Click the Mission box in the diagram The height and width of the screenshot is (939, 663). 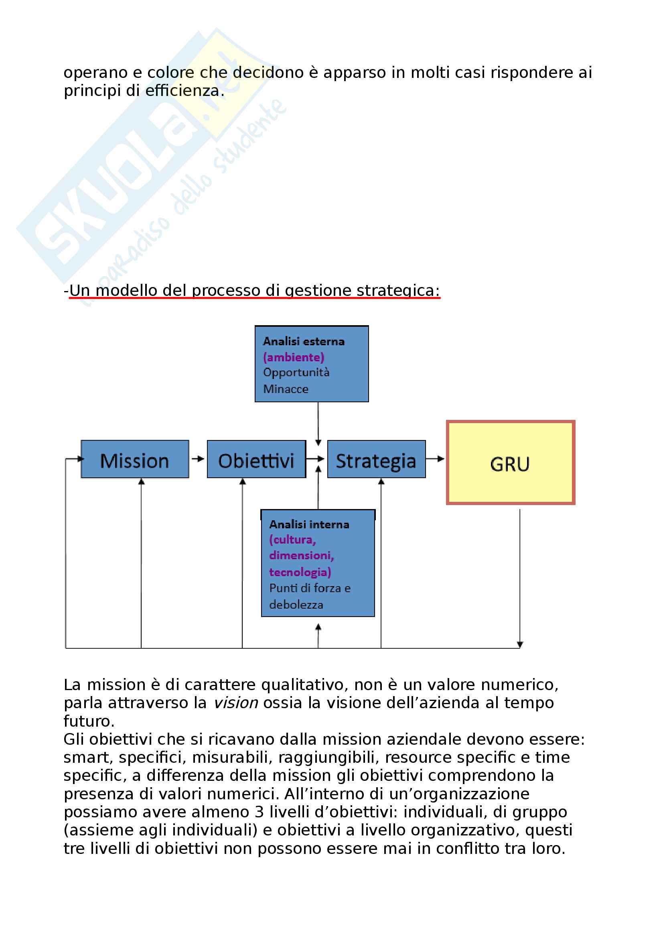click(135, 459)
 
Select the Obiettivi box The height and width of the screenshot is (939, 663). click(256, 459)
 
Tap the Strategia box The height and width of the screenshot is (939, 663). click(376, 459)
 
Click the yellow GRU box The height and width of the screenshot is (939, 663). click(510, 462)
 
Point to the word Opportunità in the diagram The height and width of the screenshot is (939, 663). click(296, 373)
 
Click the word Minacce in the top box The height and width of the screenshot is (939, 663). click(286, 389)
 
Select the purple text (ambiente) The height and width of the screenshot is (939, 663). click(293, 357)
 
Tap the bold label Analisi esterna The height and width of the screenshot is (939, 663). click(304, 341)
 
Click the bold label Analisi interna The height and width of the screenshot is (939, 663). click(309, 524)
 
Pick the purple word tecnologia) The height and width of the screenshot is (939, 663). click(300, 572)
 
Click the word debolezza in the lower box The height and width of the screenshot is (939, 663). click(296, 605)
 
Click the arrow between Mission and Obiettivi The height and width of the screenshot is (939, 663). click(198, 459)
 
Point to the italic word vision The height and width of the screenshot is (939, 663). click(236, 703)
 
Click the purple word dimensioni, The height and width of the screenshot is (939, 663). click(302, 555)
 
